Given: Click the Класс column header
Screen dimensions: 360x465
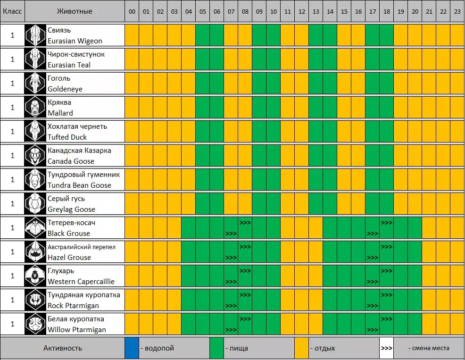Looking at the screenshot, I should click(x=12, y=11).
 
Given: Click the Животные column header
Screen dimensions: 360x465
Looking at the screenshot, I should click(x=75, y=11).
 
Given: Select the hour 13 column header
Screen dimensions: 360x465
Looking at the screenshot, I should click(x=316, y=11).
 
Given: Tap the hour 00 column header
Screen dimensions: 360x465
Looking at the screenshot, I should click(x=132, y=11).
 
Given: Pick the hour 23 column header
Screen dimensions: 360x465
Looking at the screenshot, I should click(x=457, y=11).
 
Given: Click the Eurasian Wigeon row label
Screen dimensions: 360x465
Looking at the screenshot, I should click(x=75, y=35).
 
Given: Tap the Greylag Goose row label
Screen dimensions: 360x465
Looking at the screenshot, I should click(x=71, y=204).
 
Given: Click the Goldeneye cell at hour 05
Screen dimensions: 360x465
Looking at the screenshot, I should click(x=203, y=84).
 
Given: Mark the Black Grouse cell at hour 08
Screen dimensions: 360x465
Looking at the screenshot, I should click(x=245, y=228).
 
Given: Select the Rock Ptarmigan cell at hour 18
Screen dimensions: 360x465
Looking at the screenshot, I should click(x=387, y=300).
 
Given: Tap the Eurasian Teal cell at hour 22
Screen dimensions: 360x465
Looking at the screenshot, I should click(x=443, y=59).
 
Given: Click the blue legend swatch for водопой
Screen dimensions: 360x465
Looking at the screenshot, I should click(x=132, y=348).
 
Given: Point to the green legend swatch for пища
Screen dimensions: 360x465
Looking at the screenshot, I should click(x=217, y=348).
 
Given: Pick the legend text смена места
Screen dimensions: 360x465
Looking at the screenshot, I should click(x=429, y=348).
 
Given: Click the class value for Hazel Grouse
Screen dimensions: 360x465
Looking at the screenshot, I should click(x=12, y=252).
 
